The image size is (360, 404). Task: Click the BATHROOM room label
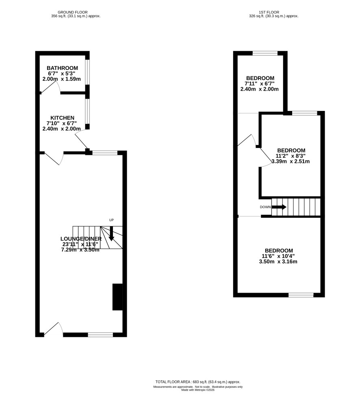coord(62,68)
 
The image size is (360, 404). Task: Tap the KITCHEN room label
coord(62,118)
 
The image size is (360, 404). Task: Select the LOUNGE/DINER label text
coord(81,239)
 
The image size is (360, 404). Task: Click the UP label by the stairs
coord(111,220)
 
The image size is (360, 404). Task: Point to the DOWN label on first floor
coord(265,207)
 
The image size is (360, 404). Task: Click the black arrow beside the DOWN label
coord(279,207)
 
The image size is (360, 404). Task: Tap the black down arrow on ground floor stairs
coord(111,234)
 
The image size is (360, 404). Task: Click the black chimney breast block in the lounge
coord(117,297)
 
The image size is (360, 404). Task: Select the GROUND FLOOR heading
coord(73,12)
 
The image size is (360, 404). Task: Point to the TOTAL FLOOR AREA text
coord(198,382)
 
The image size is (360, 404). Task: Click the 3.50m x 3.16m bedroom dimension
coord(278,261)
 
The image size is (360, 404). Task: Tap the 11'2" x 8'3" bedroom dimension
coord(291,156)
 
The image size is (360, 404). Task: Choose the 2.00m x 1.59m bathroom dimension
coord(61,79)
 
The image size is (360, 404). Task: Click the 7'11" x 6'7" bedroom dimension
coord(260,83)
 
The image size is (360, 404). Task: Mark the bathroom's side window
coord(87,72)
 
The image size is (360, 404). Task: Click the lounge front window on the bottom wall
coord(100,334)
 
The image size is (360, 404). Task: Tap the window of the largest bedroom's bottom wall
coord(301,295)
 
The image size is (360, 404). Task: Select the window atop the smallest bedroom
coord(265,53)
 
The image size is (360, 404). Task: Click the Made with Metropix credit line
coord(198,390)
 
